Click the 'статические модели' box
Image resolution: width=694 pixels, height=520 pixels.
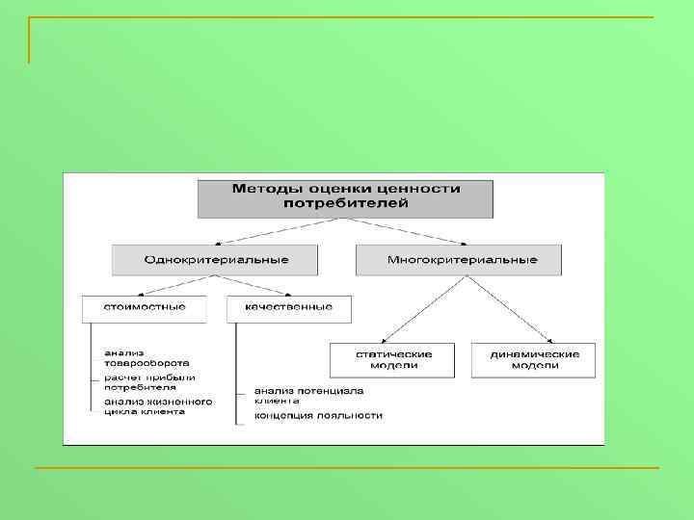tap(394, 359)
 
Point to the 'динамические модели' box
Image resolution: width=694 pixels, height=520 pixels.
tap(534, 359)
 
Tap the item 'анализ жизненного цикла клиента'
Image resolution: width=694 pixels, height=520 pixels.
tap(158, 405)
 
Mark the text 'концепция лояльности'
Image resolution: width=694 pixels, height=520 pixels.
tap(318, 416)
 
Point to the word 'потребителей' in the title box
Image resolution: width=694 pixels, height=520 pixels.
tap(345, 203)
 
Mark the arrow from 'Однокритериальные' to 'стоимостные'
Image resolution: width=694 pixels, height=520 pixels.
tap(173, 285)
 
